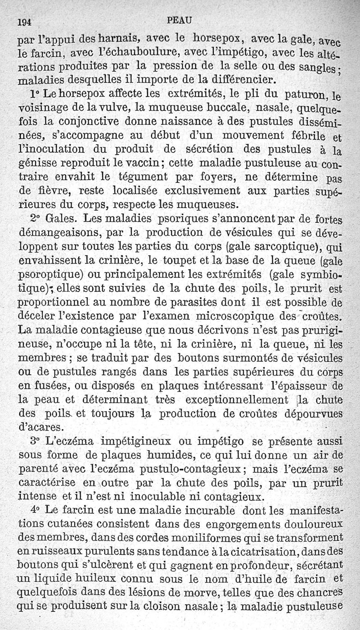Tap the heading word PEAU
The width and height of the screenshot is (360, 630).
(179, 19)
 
